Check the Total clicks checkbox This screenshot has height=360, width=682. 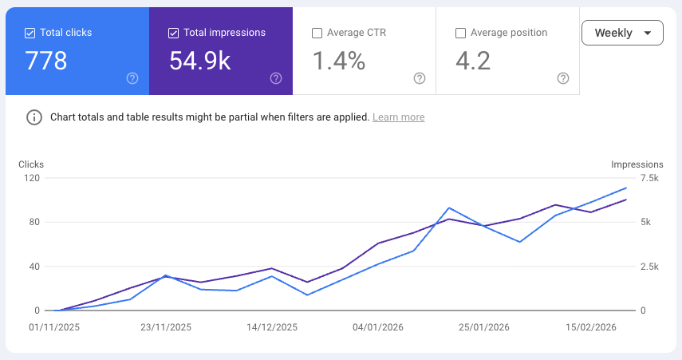click(30, 33)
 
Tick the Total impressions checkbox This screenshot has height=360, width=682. click(173, 33)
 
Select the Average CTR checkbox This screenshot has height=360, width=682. click(317, 33)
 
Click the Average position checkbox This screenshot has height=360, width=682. click(460, 33)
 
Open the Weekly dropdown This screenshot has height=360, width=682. click(622, 33)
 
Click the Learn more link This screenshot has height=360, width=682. click(398, 117)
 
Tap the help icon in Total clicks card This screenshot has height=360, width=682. click(132, 78)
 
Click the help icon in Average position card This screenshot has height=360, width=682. click(563, 78)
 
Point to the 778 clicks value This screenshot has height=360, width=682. click(46, 61)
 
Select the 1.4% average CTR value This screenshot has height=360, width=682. click(338, 61)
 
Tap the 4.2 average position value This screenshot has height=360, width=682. click(473, 61)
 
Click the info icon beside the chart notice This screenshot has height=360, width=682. click(34, 117)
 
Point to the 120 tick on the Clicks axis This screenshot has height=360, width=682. click(32, 178)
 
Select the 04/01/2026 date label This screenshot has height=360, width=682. click(379, 327)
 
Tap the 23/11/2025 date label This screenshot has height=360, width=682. click(166, 327)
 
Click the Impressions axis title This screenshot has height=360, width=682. click(637, 164)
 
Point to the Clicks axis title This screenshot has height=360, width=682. click(31, 164)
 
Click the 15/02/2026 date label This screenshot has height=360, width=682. click(591, 327)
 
